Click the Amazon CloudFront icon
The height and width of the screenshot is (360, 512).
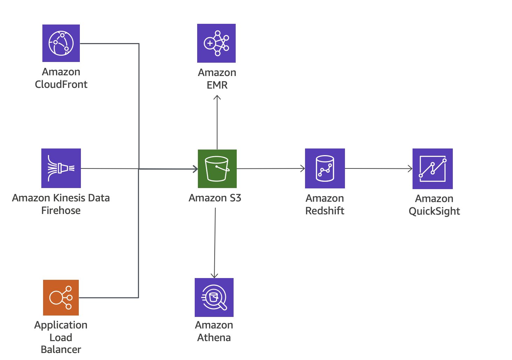coord(61,43)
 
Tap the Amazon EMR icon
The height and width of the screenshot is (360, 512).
coord(216,43)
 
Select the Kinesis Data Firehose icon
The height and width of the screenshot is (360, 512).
coord(61,168)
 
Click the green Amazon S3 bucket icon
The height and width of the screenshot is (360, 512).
coord(217,168)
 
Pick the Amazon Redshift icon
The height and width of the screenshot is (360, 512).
coord(325,168)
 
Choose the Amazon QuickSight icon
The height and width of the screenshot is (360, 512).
coord(433,169)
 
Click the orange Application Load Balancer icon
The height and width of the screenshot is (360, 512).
coord(61,297)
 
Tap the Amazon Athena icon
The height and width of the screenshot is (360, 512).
coord(214,297)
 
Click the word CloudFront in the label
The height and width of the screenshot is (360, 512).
coord(61,84)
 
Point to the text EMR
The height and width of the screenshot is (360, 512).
coord(217,85)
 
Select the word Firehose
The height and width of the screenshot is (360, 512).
coord(61,210)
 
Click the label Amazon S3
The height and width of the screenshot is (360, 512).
coord(215,198)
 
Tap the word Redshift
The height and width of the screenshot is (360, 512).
coord(325,211)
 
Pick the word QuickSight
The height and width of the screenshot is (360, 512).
coord(434,211)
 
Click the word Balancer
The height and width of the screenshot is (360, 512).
coord(61,349)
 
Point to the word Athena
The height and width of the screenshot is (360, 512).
coord(214,338)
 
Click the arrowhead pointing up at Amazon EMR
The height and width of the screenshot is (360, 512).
coord(217,97)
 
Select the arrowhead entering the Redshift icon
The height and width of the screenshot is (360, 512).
coord(303,168)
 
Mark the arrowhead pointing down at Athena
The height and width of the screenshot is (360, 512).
coord(215,276)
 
